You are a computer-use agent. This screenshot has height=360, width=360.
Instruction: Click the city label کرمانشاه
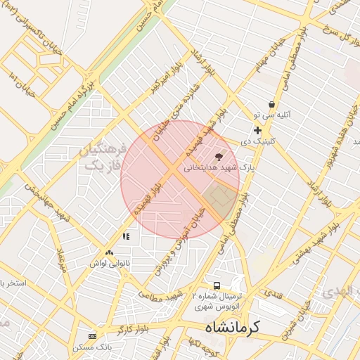(x=232, y=328)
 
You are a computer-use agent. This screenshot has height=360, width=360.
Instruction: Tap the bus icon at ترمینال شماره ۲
(x=217, y=286)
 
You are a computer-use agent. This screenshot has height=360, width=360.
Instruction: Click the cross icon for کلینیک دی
(x=258, y=130)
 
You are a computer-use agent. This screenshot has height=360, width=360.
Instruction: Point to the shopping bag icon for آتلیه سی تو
(x=271, y=104)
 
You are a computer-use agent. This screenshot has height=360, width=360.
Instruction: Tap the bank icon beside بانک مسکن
(x=92, y=336)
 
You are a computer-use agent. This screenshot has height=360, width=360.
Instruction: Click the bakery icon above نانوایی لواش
(x=109, y=252)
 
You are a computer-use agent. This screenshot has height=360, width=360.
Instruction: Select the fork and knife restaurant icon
(x=126, y=237)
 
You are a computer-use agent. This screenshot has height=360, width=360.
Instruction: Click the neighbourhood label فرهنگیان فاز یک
(x=103, y=158)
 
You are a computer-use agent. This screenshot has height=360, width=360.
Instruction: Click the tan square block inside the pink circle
(x=220, y=199)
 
